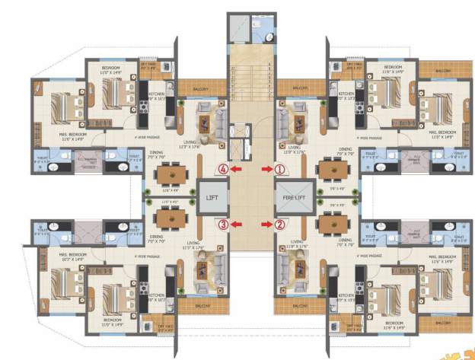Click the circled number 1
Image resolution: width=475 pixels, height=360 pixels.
[x=280, y=168]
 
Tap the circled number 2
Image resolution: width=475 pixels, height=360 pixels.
[x=280, y=224]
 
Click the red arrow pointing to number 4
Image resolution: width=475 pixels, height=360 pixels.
[x=238, y=168]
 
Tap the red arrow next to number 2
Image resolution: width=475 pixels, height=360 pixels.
[x=266, y=224]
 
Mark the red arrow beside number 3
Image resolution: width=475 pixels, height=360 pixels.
[x=238, y=224]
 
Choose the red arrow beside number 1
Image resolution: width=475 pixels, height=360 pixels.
[x=266, y=168]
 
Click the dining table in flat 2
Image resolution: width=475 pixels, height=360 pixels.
[x=333, y=218]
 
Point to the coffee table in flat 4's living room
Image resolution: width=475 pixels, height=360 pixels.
[x=206, y=118]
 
